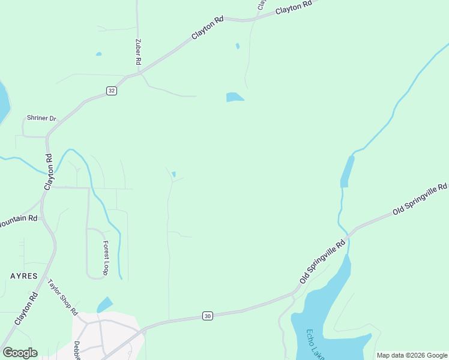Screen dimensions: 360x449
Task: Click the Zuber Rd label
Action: pos(138,52)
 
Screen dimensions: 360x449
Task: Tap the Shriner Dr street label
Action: pos(41,118)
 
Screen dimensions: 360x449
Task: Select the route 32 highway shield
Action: pos(112,91)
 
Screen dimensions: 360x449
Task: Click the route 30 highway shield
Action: pos(207,316)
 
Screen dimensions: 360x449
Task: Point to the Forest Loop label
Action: pos(106,258)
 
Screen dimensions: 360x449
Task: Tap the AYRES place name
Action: pos(23,276)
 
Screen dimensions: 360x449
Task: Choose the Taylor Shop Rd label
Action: pos(63,297)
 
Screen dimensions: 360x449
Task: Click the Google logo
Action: pos(20,353)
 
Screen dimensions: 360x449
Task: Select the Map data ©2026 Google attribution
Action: pos(412,355)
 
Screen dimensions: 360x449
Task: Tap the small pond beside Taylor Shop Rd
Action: pos(105,305)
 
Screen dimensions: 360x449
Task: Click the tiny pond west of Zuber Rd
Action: pos(98,54)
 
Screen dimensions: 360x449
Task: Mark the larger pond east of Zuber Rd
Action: pos(235,97)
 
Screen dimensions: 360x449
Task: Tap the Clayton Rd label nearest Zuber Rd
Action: pos(207,28)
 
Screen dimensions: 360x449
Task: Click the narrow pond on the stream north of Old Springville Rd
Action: pos(346,172)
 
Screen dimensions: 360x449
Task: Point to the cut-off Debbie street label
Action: pos(77,350)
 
